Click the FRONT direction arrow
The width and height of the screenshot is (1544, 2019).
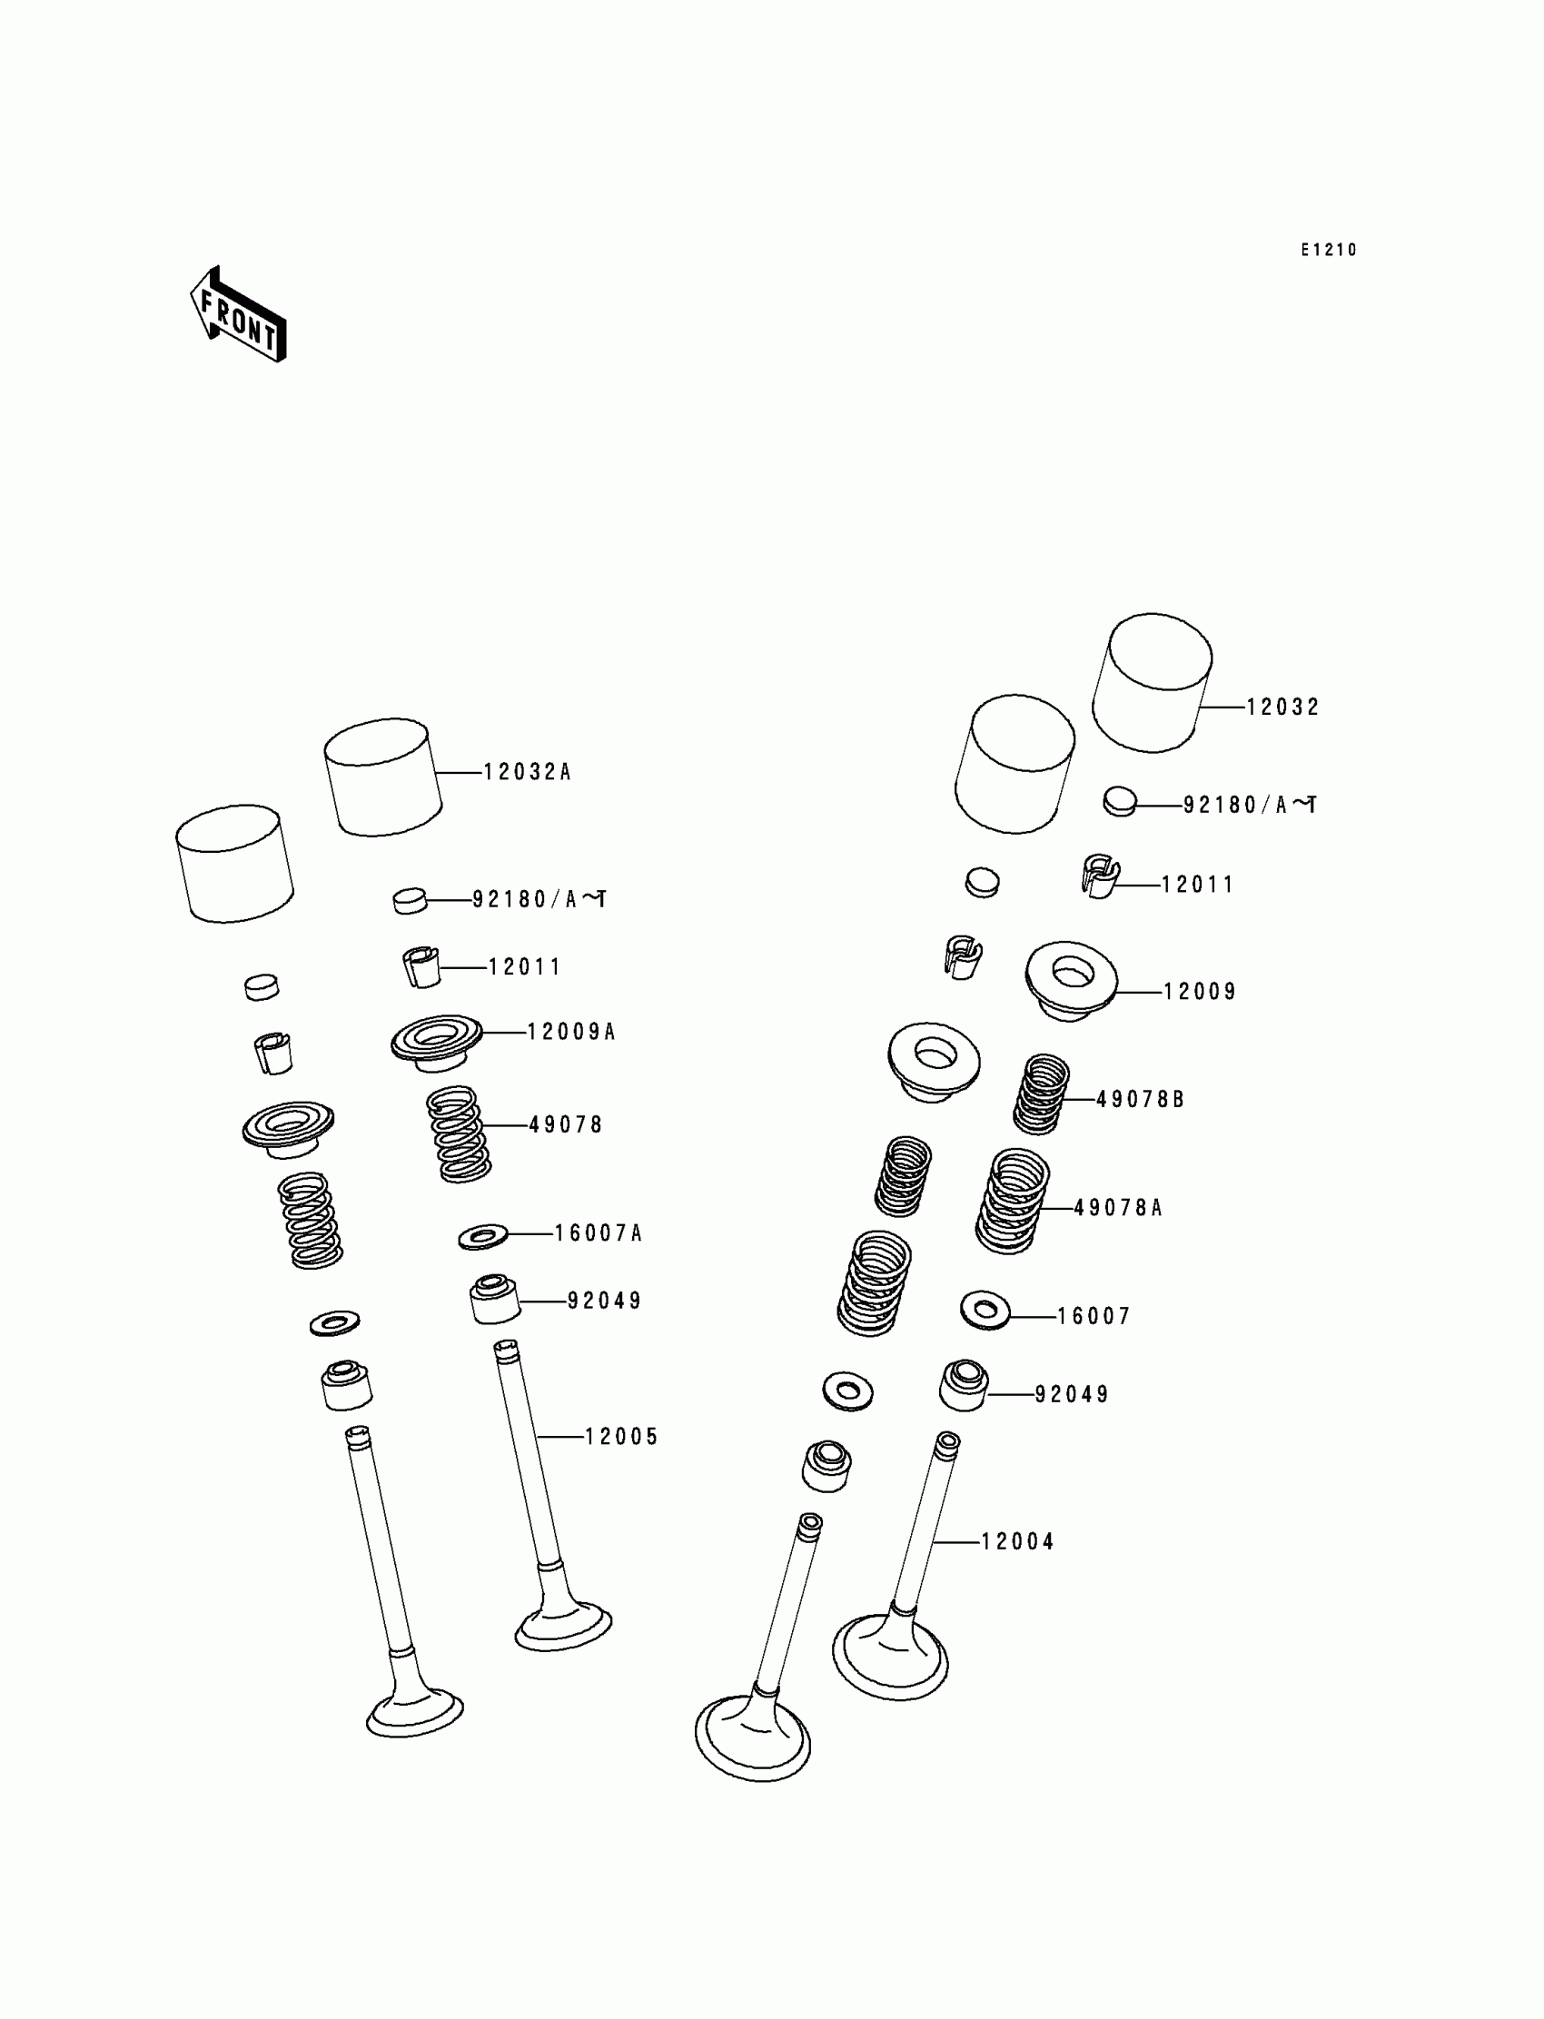tap(238, 315)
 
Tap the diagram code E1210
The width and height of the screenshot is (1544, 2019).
tap(1328, 250)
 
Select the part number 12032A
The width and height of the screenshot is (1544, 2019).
tap(527, 772)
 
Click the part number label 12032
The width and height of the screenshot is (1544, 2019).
tap(1282, 707)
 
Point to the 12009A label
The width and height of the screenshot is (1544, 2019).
tap(569, 1032)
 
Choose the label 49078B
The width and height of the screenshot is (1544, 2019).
tap(1140, 1099)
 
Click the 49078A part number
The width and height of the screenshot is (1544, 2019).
tap(1117, 1208)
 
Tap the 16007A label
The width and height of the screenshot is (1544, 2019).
tap(598, 1233)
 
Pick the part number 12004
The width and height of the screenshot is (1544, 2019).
tap(1017, 1541)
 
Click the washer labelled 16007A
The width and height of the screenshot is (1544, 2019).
tap(482, 1237)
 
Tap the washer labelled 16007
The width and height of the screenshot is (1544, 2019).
tap(985, 1310)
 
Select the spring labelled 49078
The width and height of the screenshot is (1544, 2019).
tap(459, 1133)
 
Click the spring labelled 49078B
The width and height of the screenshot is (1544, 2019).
tap(1041, 1094)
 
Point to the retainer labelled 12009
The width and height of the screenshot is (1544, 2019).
tap(1071, 980)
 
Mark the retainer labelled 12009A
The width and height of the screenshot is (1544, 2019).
tap(437, 1041)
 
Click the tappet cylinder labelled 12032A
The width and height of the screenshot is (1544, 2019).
tap(382, 777)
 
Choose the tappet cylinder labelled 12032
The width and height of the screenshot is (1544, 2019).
tap(1152, 682)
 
